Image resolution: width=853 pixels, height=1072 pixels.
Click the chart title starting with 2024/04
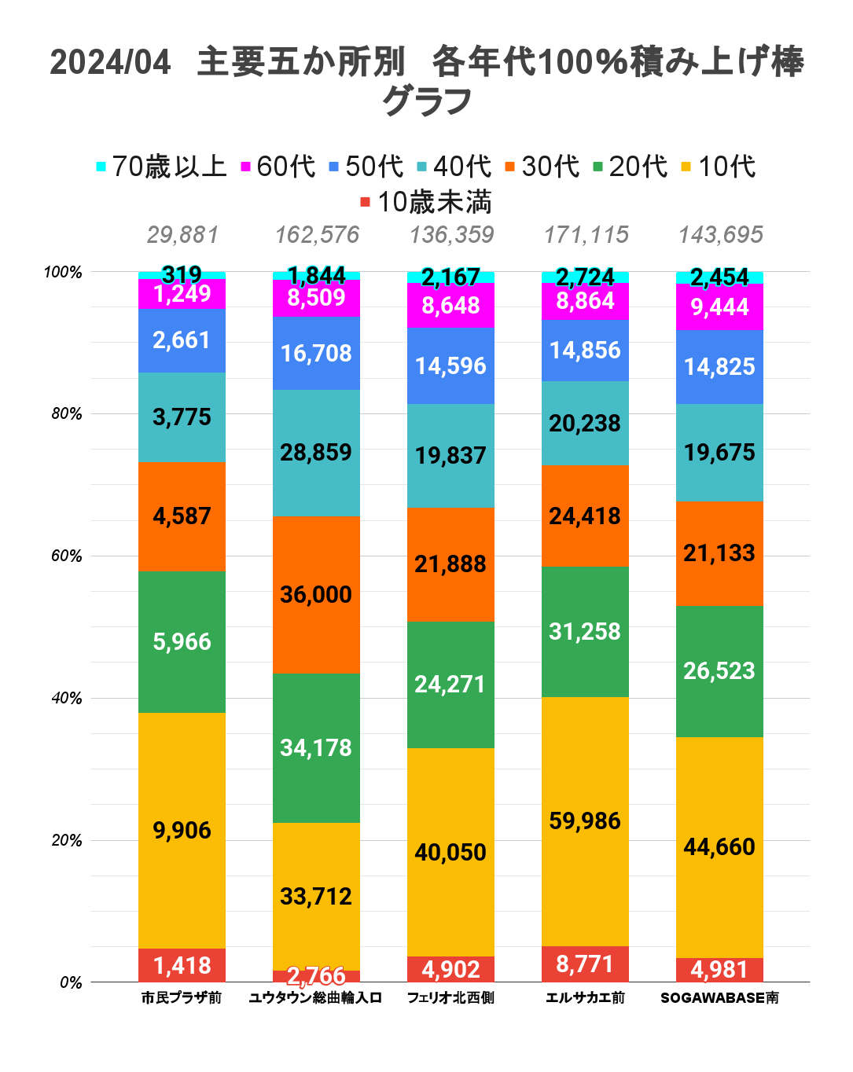(x=426, y=81)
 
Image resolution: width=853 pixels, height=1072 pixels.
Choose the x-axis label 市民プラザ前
(x=182, y=998)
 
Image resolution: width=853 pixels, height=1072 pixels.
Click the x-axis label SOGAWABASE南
(x=719, y=998)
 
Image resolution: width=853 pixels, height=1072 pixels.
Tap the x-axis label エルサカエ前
(x=585, y=998)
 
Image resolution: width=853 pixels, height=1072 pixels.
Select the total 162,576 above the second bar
(x=317, y=235)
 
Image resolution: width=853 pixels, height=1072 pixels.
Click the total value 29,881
(x=182, y=235)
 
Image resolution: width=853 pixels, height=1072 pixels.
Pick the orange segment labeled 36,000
(x=316, y=594)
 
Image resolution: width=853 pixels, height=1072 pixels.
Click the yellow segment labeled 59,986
(x=585, y=821)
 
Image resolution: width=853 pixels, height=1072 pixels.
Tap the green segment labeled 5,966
(x=182, y=642)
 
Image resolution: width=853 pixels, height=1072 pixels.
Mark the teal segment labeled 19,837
(x=450, y=456)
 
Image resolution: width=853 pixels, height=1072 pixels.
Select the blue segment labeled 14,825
(x=719, y=366)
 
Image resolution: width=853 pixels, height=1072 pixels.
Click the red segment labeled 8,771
(x=585, y=964)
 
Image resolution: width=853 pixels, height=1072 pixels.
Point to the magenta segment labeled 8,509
(x=316, y=298)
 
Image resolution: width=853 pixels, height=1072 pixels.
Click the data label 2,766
(x=316, y=976)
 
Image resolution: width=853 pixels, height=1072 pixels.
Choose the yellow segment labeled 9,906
(x=182, y=831)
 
